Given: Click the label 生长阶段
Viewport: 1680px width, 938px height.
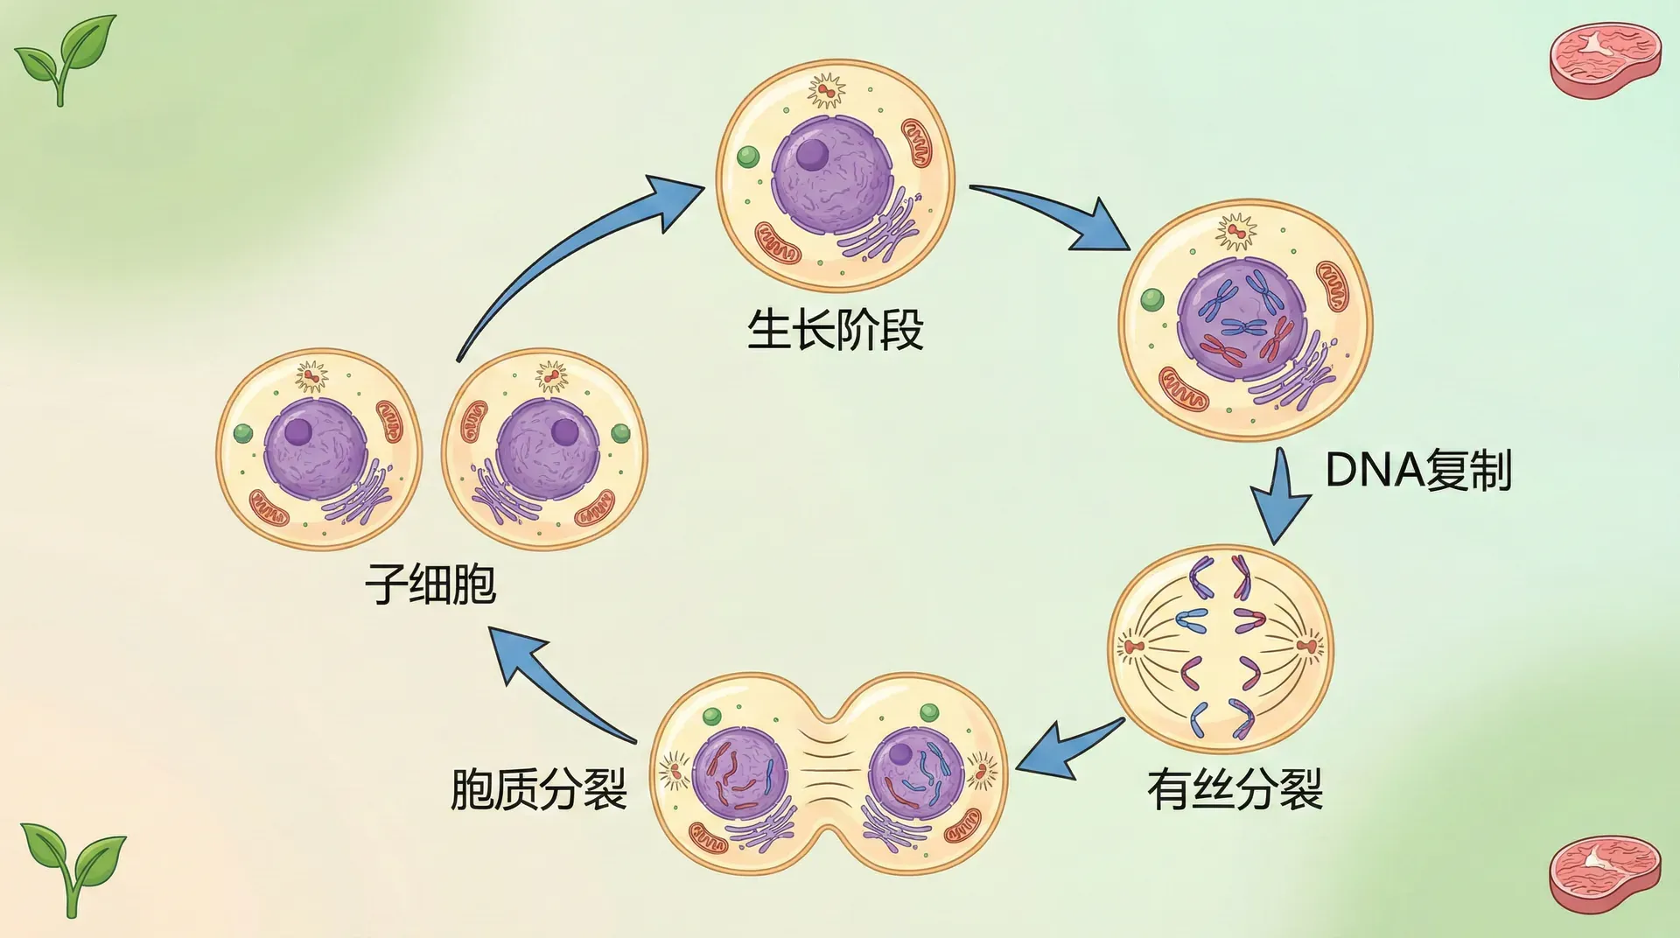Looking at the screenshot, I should coord(835,331).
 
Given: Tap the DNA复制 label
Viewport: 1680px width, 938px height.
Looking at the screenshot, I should coord(1418,470).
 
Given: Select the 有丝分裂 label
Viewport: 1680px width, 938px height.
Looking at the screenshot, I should coord(1235,789).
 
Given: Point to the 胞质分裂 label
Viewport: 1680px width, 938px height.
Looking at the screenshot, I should coord(539,789).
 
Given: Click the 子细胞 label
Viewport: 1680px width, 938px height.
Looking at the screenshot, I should coord(430,584).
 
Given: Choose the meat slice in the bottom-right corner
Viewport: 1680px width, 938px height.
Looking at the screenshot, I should coord(1605,873).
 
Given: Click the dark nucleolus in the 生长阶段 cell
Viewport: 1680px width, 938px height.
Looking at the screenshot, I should coord(813,155).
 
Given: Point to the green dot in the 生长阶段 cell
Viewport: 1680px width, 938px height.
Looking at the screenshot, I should coord(748,157).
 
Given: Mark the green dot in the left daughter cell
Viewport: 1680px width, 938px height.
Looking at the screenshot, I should coord(243,433).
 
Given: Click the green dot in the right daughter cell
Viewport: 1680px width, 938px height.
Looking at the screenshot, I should coord(620,432).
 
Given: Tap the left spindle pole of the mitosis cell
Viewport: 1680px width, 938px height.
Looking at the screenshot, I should coord(1134,647).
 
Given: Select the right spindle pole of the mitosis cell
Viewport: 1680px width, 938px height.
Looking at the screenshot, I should coord(1306,647).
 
